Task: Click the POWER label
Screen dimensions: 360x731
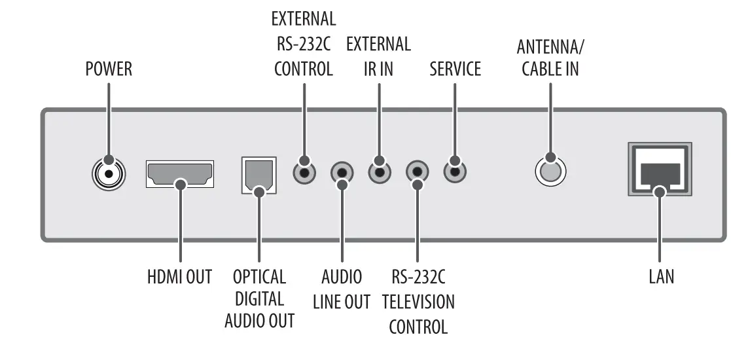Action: coord(109,69)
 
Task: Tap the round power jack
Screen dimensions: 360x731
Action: coord(108,173)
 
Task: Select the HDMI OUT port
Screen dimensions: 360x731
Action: coord(179,173)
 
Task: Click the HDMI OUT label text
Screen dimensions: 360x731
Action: coord(179,277)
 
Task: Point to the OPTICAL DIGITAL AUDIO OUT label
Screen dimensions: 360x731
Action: coord(259,298)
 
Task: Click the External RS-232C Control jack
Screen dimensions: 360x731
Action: coord(304,172)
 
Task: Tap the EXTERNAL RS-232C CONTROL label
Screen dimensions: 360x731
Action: coord(304,43)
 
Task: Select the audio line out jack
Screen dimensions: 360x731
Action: coord(342,173)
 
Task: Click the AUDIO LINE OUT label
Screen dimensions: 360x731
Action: coord(342,289)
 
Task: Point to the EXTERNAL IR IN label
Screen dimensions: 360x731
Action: coord(378,56)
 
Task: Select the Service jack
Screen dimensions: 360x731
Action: coord(455,172)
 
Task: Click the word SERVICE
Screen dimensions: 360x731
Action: coord(455,69)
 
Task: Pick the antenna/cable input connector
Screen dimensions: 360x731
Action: coord(550,171)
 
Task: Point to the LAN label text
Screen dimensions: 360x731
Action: coord(661,277)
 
